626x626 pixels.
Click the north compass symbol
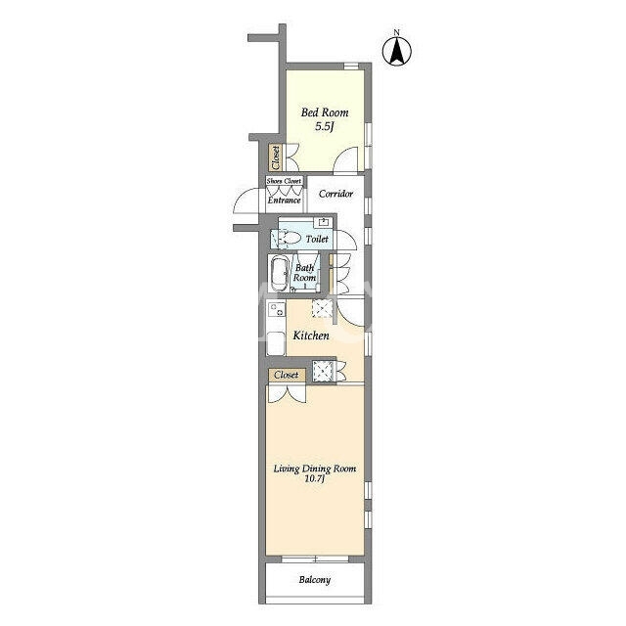point(397,50)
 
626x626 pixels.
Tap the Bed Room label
point(325,112)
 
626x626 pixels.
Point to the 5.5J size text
point(324,127)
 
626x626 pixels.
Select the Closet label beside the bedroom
point(276,157)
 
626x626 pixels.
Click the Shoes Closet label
point(284,181)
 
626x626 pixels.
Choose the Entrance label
point(284,200)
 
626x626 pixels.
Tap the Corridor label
point(335,194)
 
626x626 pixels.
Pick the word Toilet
point(317,239)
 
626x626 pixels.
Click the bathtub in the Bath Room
point(280,274)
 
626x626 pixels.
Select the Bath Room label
point(304,273)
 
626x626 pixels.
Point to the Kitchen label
point(311,335)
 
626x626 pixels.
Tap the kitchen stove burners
point(276,309)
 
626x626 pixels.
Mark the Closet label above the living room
point(287,375)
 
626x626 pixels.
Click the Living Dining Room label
point(315,469)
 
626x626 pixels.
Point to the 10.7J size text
point(315,479)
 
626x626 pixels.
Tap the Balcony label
point(315,580)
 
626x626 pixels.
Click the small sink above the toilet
point(323,222)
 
